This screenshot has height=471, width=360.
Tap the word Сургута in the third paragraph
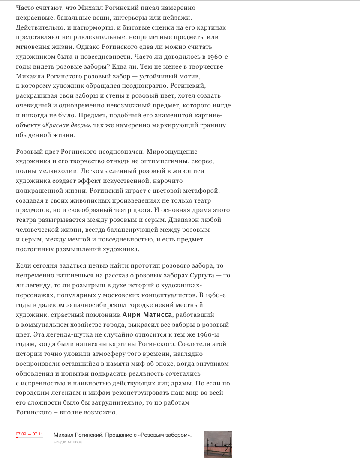202,275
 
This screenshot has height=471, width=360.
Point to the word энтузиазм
210,364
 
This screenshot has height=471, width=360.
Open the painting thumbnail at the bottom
218,444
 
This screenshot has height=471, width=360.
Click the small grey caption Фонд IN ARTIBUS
68,442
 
